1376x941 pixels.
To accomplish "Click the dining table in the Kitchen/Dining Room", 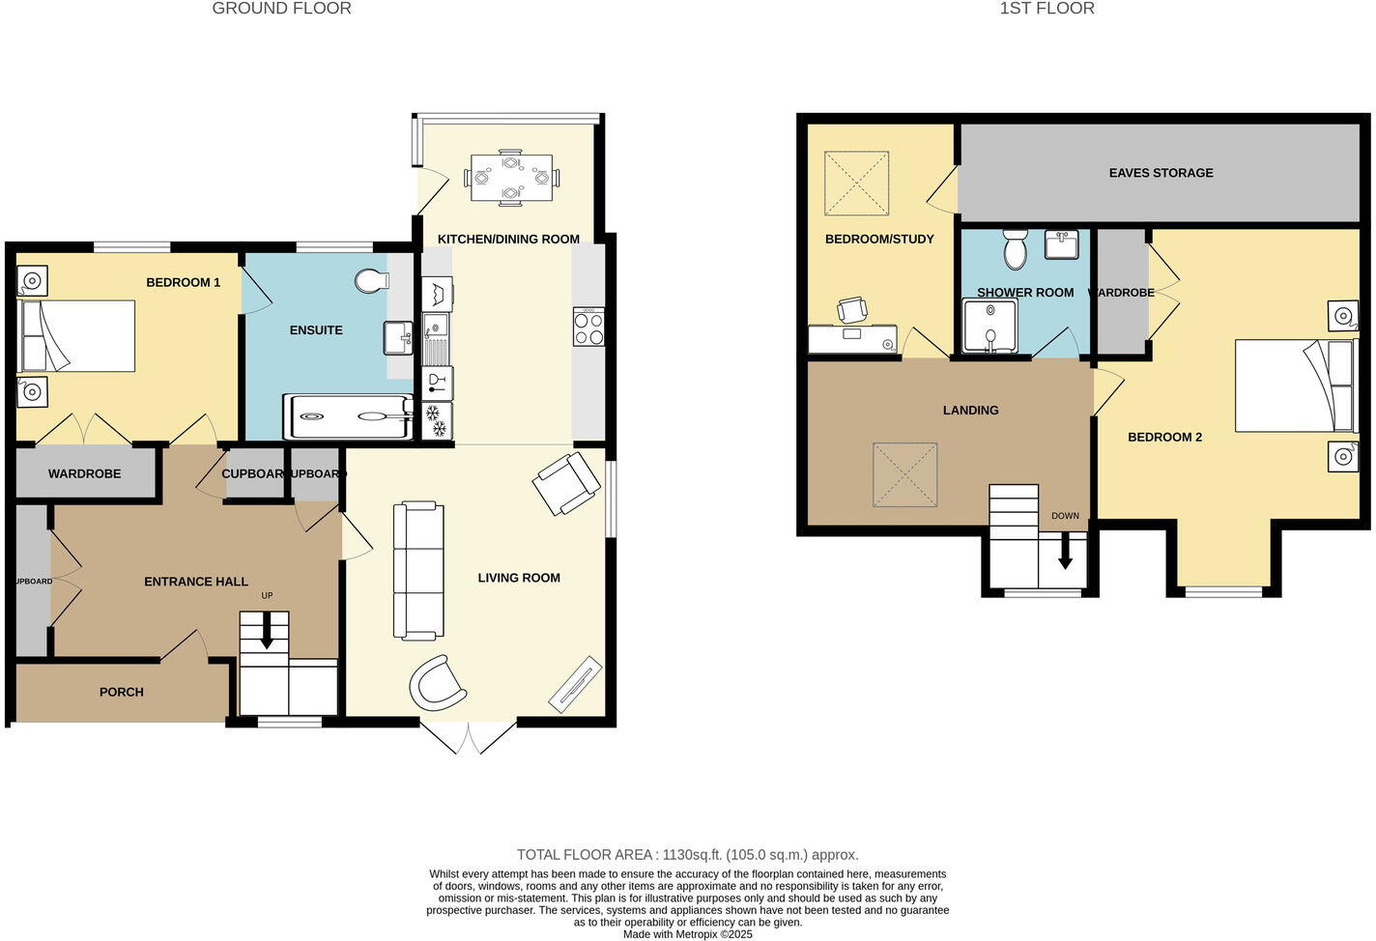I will click(511, 178).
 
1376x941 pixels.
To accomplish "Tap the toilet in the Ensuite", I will click(371, 281).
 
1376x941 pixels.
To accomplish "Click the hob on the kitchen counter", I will click(588, 326).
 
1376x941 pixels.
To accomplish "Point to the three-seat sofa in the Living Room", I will click(418, 571).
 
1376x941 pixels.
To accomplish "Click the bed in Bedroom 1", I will click(78, 336).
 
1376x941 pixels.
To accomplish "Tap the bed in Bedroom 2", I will click(1294, 385).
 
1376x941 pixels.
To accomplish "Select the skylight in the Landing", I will click(904, 474).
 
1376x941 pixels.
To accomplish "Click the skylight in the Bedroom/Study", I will click(855, 184).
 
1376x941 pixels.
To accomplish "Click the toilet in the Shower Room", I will click(1015, 249).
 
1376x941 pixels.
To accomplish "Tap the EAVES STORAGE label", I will click(1161, 173).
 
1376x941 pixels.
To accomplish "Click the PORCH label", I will click(122, 692).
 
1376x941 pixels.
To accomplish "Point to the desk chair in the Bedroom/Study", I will click(852, 310).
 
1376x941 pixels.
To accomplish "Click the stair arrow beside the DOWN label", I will click(1065, 553).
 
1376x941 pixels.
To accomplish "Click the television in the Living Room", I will click(576, 683).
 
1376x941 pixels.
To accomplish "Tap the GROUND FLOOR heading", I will click(281, 9).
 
